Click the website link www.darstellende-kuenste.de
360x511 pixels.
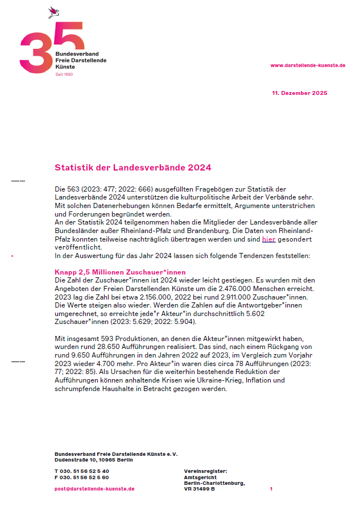click(308, 65)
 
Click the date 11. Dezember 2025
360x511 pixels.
click(299, 93)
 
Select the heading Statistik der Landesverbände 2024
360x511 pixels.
click(133, 168)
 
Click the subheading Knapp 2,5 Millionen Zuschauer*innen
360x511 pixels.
click(120, 272)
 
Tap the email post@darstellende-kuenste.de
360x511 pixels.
click(94, 488)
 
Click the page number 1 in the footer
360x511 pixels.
click(271, 488)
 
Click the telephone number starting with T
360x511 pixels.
click(82, 471)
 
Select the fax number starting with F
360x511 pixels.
click(82, 477)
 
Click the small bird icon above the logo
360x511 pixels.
click(54, 11)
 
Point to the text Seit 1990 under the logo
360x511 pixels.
click(64, 74)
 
